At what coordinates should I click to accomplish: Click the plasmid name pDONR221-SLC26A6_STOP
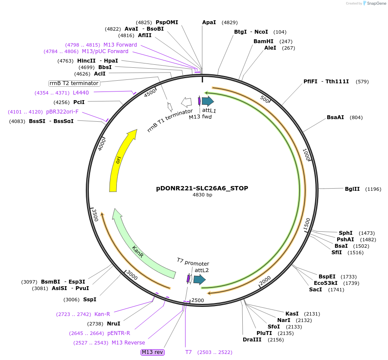pyautogui.click(x=202, y=188)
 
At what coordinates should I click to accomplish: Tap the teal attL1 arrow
pyautogui.click(x=208, y=101)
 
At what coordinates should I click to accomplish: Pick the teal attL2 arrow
pyautogui.click(x=199, y=279)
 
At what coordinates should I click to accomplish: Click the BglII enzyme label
pyautogui.click(x=352, y=189)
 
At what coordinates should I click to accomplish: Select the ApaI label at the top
pyautogui.click(x=209, y=22)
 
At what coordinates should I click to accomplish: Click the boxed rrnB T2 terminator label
pyautogui.click(x=74, y=83)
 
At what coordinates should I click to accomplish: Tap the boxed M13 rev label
pyautogui.click(x=153, y=352)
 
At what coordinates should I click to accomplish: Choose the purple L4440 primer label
pyautogui.click(x=81, y=93)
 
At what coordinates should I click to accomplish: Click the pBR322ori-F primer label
pyautogui.click(x=63, y=112)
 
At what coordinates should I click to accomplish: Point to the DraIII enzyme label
pyautogui.click(x=252, y=340)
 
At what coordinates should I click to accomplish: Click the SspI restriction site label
pyautogui.click(x=90, y=300)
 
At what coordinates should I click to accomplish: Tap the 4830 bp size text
pyautogui.click(x=202, y=195)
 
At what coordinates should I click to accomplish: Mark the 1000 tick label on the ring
pyautogui.click(x=307, y=155)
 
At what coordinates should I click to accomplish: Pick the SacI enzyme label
pyautogui.click(x=315, y=289)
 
